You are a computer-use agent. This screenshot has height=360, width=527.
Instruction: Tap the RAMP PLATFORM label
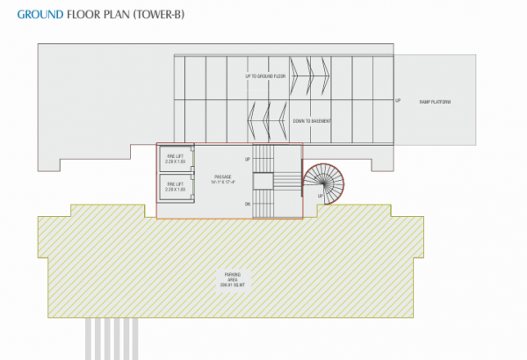click(434, 102)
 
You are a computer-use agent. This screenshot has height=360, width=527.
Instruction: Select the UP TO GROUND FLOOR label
click(266, 77)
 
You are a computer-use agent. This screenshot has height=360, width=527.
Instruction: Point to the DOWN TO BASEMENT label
click(312, 120)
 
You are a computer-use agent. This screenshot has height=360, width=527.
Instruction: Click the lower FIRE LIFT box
click(175, 186)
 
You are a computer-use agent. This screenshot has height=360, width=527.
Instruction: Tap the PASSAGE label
click(222, 176)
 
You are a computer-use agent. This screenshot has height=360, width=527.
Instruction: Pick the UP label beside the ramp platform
click(397, 100)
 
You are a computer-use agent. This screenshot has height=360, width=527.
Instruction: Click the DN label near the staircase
click(248, 204)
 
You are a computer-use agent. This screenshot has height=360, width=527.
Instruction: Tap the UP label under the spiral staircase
click(320, 208)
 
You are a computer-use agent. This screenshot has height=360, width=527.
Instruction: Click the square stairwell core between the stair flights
click(263, 180)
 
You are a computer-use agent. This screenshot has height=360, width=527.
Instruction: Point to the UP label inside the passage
click(248, 159)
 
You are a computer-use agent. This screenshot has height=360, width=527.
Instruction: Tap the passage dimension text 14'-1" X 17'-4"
click(222, 184)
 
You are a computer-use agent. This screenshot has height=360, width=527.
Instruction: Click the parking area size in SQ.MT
click(232, 286)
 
